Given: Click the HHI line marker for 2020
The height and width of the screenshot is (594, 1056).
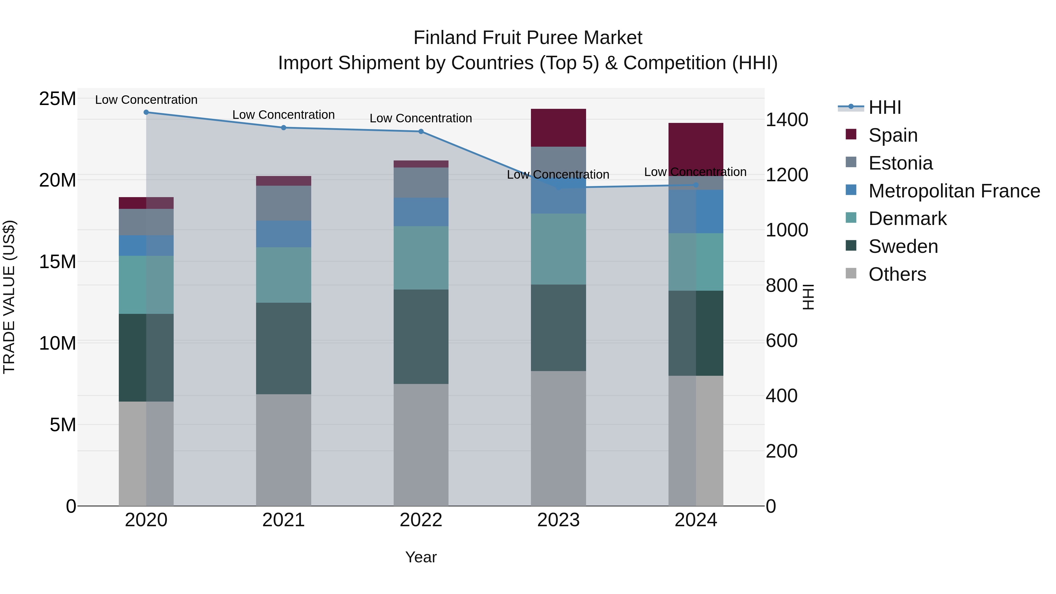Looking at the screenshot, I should click(146, 112).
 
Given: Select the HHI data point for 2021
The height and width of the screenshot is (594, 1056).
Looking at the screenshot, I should click(283, 128).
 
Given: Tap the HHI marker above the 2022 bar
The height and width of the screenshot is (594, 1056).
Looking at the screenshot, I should click(421, 132).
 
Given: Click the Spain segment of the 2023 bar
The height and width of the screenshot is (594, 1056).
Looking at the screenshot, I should click(558, 128).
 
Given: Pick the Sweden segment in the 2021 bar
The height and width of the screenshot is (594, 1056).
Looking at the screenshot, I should click(283, 348).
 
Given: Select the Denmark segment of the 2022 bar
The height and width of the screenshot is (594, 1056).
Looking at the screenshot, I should click(421, 258).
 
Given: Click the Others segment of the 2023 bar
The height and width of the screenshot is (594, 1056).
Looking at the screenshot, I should click(558, 438).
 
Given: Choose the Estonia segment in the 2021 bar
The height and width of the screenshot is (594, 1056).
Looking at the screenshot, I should click(283, 203).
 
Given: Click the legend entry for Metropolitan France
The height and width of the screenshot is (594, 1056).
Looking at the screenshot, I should click(954, 191).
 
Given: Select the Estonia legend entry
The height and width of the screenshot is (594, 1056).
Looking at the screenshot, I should click(900, 163).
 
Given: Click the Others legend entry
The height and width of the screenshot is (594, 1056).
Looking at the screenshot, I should click(897, 274).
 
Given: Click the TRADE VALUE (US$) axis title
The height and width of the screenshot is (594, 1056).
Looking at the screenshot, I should click(9, 297).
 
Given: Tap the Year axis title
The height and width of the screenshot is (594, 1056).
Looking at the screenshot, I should click(421, 557).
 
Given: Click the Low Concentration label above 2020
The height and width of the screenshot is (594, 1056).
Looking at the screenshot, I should click(146, 100).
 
